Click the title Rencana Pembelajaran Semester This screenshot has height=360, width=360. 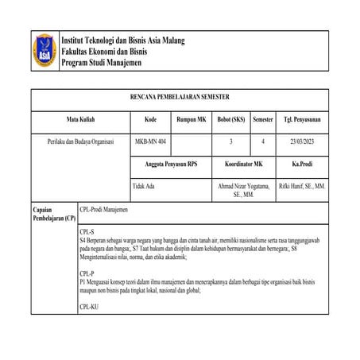(x=179, y=98)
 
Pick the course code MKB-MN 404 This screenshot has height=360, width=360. (x=151, y=141)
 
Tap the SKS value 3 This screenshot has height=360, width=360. (x=230, y=141)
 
